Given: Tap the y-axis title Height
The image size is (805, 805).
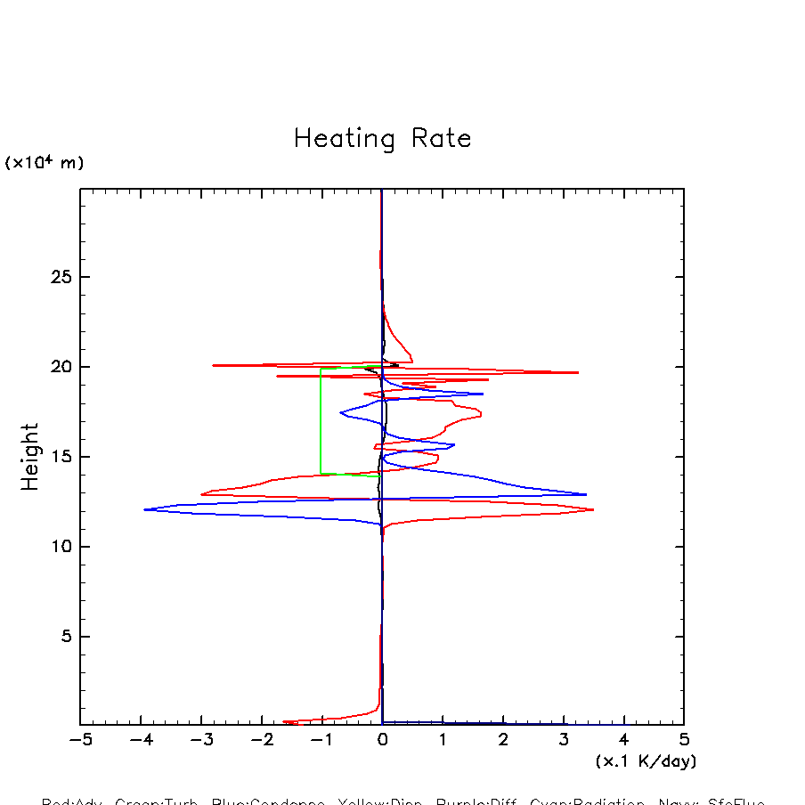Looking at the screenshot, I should [x=30, y=457].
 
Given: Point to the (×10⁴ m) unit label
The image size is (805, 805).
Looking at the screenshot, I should [x=45, y=163].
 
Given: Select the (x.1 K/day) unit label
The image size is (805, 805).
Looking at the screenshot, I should [x=646, y=761].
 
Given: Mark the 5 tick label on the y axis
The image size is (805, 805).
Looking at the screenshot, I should [x=63, y=637].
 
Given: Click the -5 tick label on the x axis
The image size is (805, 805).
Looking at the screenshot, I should [x=80, y=741].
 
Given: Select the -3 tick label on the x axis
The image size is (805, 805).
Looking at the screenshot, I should [x=201, y=741].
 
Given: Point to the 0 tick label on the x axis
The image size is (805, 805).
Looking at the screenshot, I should [x=382, y=741].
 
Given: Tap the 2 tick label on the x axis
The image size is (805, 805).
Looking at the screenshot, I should [x=503, y=741].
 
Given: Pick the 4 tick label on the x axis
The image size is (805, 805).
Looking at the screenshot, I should [x=623, y=741].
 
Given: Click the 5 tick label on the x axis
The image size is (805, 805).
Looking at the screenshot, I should [x=684, y=741].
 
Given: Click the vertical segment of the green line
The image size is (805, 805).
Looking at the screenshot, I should [x=321, y=420].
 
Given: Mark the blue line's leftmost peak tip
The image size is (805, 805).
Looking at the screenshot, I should [x=144, y=509].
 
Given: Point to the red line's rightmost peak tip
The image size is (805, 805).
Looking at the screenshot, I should [x=593, y=509].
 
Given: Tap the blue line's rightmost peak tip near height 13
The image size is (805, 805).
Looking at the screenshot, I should [x=586, y=494].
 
